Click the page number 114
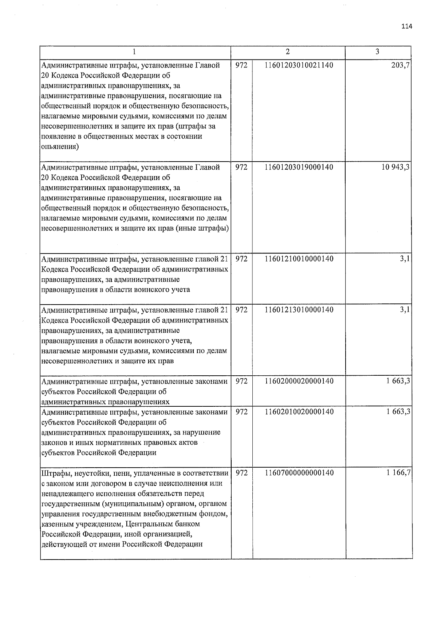(x=407, y=26)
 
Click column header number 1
(x=135, y=52)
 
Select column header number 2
(x=288, y=52)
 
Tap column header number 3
(x=377, y=52)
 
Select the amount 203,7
(x=401, y=65)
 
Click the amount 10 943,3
(x=395, y=167)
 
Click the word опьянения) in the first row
(x=60, y=147)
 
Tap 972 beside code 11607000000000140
(x=241, y=473)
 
